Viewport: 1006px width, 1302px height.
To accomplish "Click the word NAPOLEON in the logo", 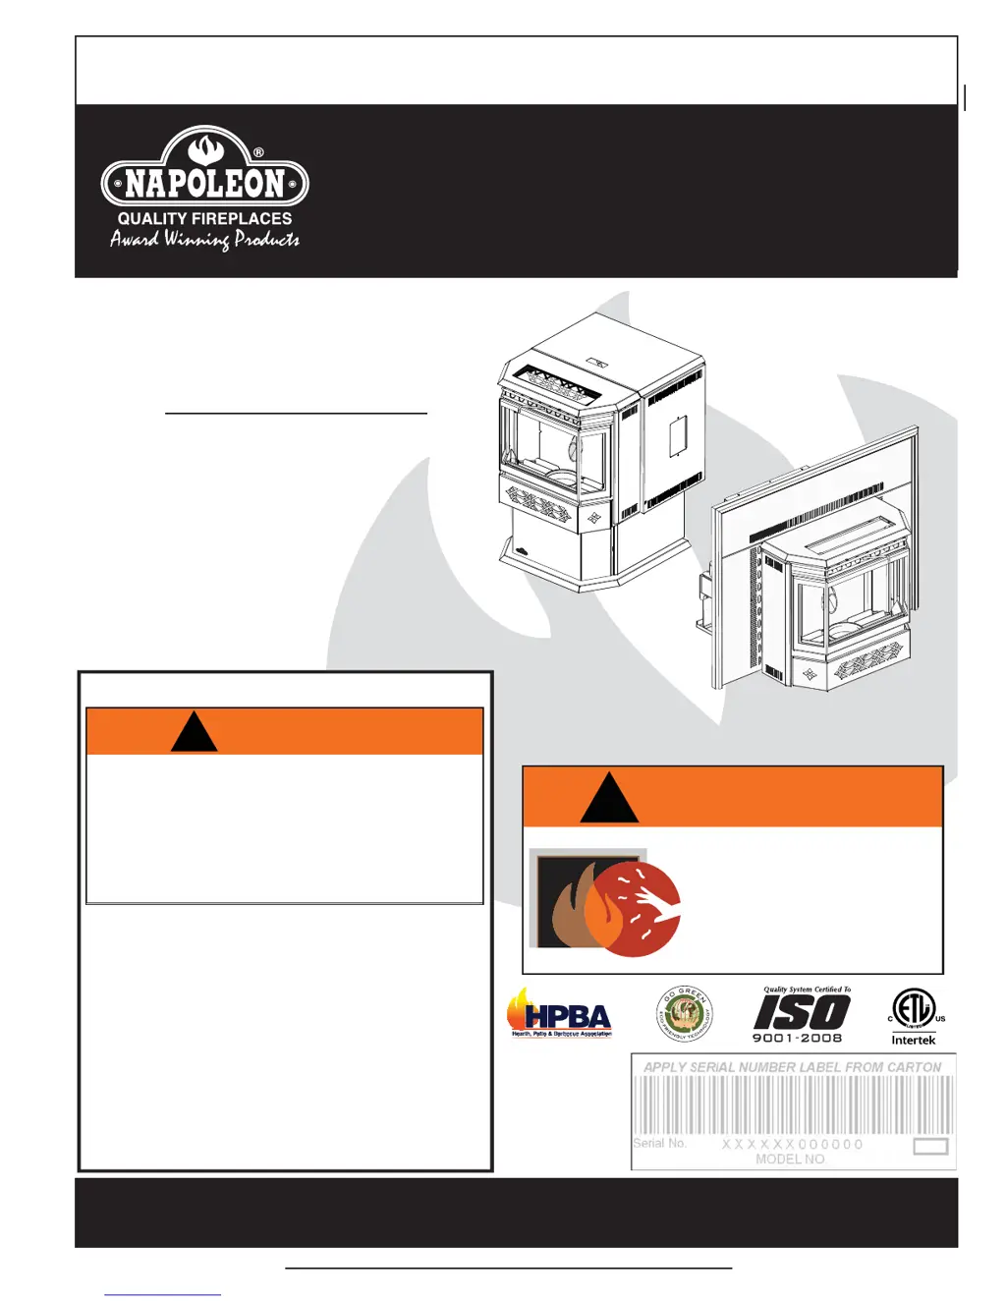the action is tap(204, 184).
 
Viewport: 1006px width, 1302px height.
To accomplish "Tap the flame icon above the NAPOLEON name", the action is tap(205, 149).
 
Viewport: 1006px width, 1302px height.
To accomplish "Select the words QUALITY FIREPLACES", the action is tap(204, 219).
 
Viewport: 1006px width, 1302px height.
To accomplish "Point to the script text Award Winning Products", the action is tap(204, 240).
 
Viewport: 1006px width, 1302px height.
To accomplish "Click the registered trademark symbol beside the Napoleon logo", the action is tap(258, 152).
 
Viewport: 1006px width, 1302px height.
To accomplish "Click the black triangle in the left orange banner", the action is tap(194, 733).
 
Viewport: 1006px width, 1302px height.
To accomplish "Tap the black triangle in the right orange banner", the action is tap(609, 799).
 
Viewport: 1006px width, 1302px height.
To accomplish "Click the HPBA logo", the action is tap(560, 1014).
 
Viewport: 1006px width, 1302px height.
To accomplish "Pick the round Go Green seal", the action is tap(684, 1014).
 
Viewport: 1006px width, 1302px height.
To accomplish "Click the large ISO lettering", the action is tap(801, 1012).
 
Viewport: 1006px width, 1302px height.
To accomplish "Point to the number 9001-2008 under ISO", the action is tap(797, 1038).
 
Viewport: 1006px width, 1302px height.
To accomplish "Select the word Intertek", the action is tap(914, 1040).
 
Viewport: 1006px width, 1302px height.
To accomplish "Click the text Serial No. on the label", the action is tap(659, 1143).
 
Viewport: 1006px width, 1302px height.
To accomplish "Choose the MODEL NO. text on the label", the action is tap(791, 1160).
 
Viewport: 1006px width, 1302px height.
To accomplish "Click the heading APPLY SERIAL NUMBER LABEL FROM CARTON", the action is tap(792, 1067).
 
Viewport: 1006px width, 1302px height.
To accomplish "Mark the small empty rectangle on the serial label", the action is tap(930, 1146).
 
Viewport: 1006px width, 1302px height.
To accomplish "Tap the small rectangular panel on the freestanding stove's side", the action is tap(678, 435).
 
